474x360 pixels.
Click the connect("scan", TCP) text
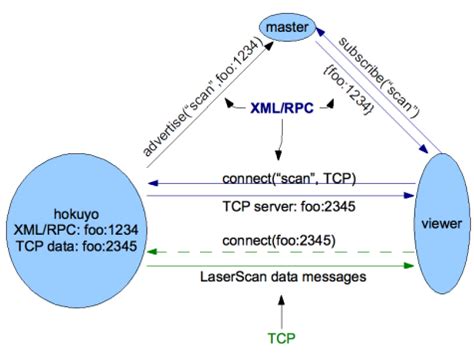tap(280, 176)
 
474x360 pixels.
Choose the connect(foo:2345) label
tap(280, 240)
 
